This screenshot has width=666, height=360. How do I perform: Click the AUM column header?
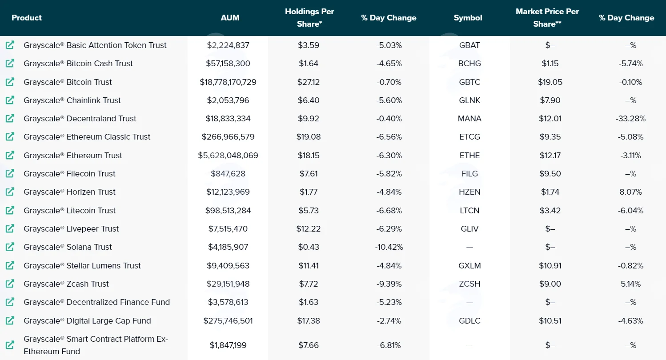[230, 18]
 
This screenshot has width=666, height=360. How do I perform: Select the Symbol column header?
[468, 18]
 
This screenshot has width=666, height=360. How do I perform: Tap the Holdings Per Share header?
[309, 17]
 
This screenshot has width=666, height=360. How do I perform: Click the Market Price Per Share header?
[547, 17]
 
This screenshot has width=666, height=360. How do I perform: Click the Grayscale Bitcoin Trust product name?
[68, 82]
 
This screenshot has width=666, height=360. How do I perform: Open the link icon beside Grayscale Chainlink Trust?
[10, 100]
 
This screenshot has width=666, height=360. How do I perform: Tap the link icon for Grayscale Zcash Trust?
[10, 284]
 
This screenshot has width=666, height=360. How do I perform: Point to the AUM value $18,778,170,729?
[228, 82]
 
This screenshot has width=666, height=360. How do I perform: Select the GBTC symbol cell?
[469, 82]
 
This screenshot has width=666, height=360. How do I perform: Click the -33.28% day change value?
[630, 119]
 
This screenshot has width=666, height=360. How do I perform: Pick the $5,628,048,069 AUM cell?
[228, 156]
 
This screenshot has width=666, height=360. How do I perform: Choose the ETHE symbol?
[469, 156]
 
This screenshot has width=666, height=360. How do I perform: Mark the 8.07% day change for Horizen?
[630, 192]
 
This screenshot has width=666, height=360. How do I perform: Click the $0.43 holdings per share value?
[309, 247]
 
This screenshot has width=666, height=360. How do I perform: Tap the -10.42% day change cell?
[389, 247]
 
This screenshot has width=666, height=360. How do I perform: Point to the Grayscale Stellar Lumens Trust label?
[82, 265]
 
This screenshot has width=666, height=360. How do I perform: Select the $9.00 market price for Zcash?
[550, 284]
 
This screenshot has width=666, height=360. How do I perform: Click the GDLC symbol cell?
[469, 321]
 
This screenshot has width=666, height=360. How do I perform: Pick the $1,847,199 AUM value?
[228, 345]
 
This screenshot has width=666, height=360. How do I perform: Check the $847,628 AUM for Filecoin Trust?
[228, 174]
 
